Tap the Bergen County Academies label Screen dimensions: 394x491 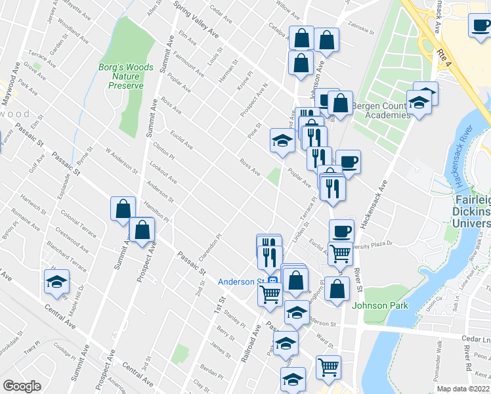click(x=381, y=110)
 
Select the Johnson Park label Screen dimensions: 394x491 click(x=380, y=305)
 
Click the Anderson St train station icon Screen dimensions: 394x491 click(x=272, y=281)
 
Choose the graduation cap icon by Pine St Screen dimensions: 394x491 click(x=282, y=141)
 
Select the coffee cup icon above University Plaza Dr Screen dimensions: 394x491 click(x=341, y=231)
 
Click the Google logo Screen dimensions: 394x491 click(x=22, y=386)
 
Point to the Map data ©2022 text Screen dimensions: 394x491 click(x=463, y=389)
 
